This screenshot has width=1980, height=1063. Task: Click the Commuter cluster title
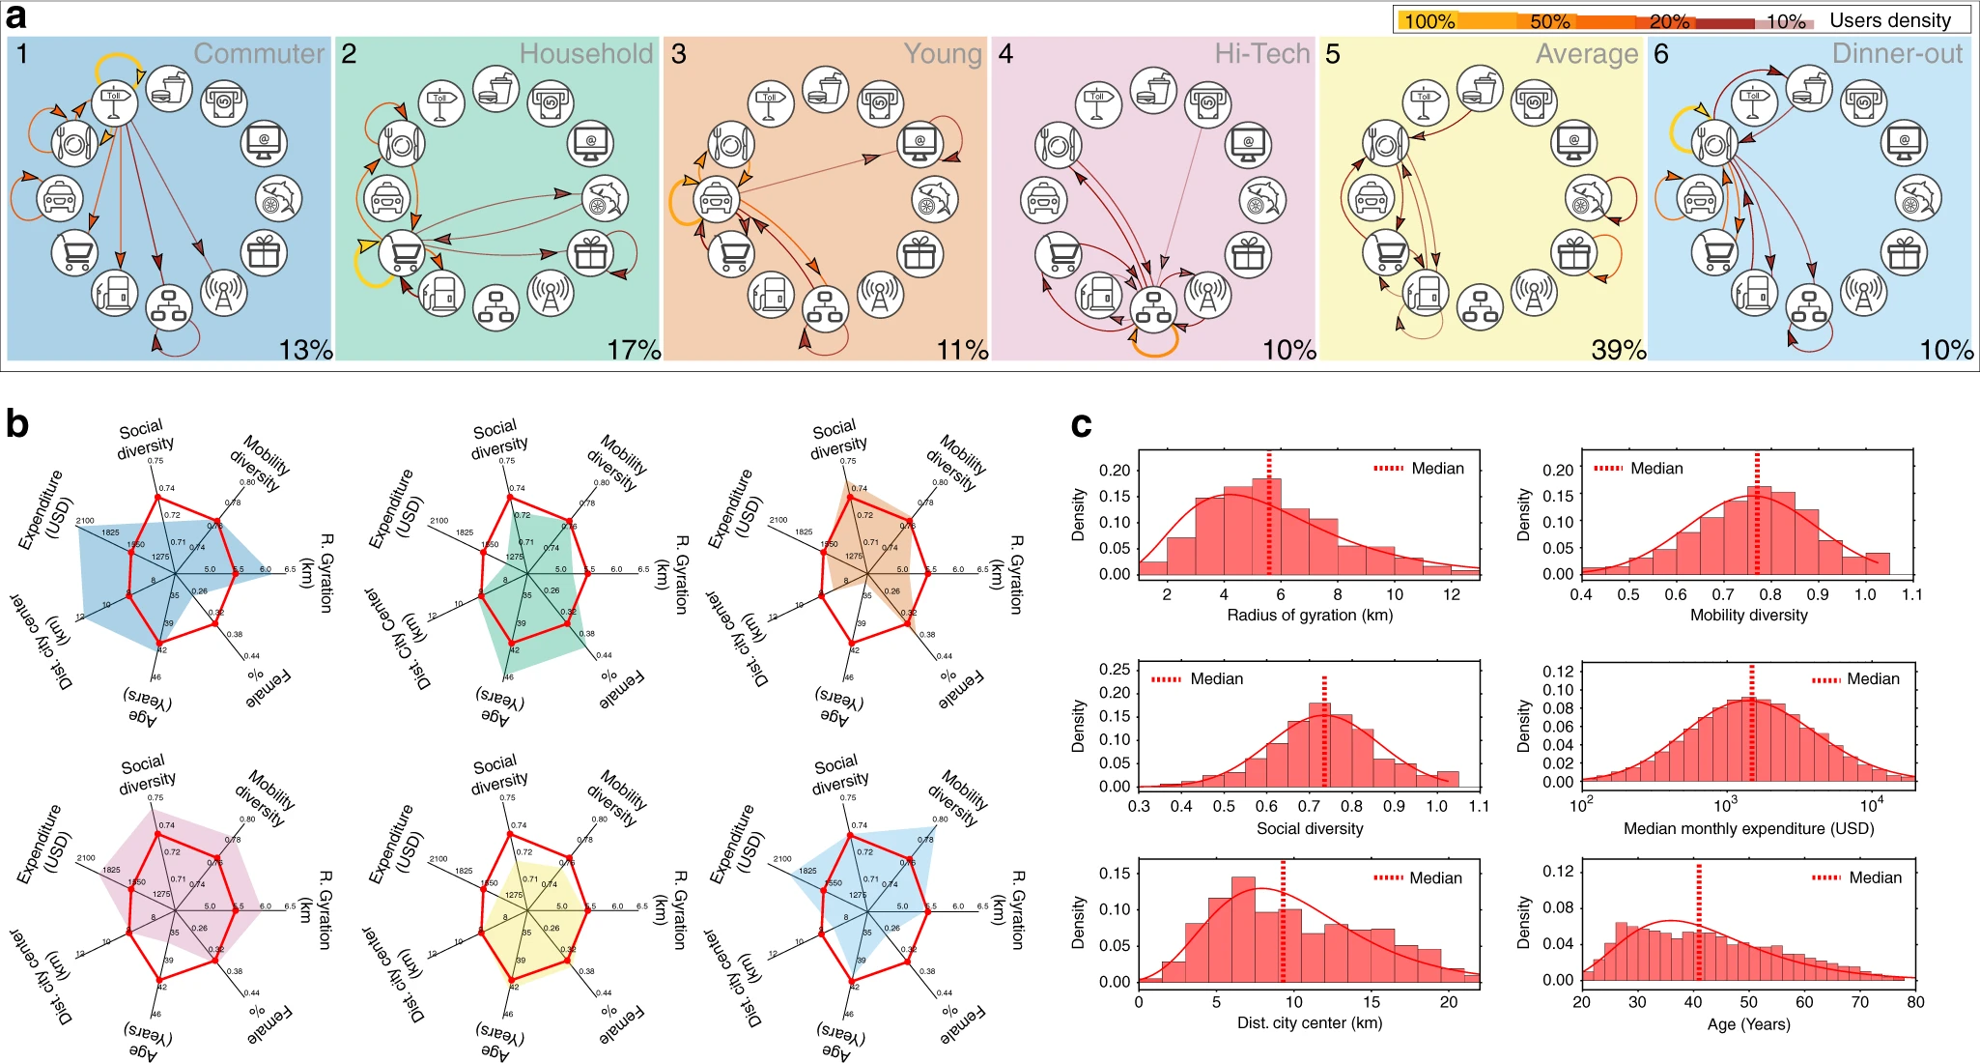pos(259,53)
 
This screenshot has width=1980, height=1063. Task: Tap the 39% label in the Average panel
pos(1618,350)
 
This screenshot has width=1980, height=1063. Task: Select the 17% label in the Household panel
pos(634,350)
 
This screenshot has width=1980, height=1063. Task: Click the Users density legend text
pos(1890,20)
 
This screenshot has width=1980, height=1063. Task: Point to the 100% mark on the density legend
pos(1429,21)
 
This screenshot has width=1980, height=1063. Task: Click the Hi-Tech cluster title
pos(1261,53)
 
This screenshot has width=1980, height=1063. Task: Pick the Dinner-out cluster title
pos(1897,53)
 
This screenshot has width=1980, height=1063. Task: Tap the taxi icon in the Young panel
pos(715,200)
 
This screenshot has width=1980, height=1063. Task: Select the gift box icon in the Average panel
pos(1573,254)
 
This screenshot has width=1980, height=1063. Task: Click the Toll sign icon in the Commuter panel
pos(115,100)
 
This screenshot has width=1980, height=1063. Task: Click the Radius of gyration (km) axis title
pos(1309,615)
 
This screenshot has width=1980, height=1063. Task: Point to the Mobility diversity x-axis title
pos(1748,615)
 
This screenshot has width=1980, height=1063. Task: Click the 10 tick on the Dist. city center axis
pos(1293,1002)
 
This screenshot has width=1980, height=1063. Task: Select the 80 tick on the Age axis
pos(1915,1002)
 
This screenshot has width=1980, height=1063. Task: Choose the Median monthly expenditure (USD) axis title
pos(1748,828)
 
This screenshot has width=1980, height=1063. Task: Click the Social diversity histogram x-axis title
pos(1309,828)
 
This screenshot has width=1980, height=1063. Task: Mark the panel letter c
pos(1082,424)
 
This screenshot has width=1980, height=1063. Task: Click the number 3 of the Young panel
pos(679,54)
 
